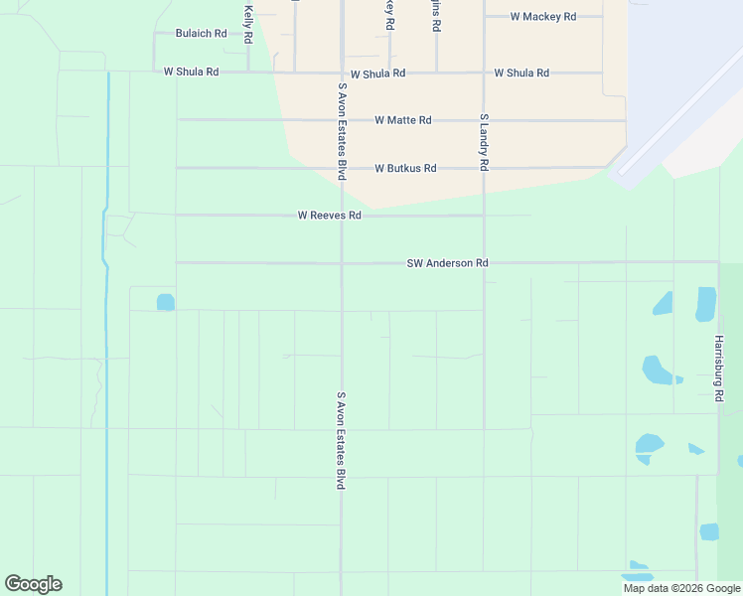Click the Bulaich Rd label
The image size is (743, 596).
[201, 33]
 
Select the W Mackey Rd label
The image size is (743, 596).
[542, 17]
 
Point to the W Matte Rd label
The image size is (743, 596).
[402, 120]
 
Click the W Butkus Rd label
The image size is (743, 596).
[405, 169]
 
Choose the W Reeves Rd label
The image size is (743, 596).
[329, 216]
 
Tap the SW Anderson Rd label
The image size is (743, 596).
[447, 263]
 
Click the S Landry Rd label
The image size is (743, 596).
[484, 142]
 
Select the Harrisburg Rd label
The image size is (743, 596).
[718, 368]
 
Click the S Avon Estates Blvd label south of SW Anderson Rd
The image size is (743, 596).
[341, 439]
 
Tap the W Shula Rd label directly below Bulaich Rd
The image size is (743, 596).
[191, 73]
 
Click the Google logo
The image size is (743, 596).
[33, 584]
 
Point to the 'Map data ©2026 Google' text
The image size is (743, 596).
[681, 588]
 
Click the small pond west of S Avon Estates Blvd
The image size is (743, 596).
[166, 302]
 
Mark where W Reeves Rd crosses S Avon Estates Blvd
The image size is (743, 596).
[342, 216]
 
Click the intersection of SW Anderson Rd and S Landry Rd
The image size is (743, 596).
[484, 263]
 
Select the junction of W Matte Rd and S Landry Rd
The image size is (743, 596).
[484, 120]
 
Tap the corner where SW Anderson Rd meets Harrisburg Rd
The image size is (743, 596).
[718, 263]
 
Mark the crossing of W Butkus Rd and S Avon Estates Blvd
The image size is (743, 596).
[342, 169]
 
